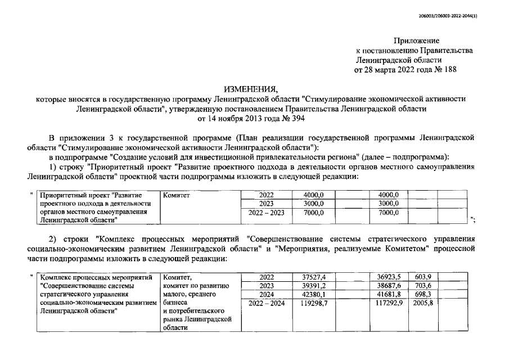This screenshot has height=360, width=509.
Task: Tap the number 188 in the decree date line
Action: (x=448, y=70)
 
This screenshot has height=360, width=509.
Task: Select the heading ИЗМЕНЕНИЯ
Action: (x=251, y=89)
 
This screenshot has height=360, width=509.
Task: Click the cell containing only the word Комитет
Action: (x=177, y=195)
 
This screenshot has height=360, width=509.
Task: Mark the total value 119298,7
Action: (x=312, y=303)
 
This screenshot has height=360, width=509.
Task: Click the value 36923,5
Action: (x=388, y=276)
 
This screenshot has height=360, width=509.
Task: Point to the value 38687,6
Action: (x=388, y=285)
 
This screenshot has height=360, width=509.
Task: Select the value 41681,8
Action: (x=388, y=294)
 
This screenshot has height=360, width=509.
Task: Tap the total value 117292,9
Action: (x=386, y=303)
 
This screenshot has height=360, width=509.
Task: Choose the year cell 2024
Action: (x=266, y=294)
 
